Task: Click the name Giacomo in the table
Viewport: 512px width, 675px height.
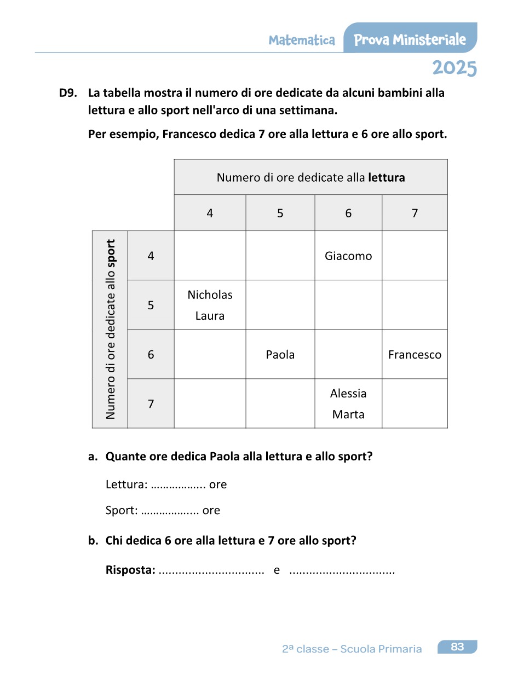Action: click(x=348, y=256)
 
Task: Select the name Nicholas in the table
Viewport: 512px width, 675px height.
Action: click(x=210, y=295)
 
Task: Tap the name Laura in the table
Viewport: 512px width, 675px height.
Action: click(x=210, y=316)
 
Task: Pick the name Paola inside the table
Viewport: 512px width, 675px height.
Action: click(x=280, y=355)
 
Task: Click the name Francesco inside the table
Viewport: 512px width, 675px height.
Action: click(x=415, y=355)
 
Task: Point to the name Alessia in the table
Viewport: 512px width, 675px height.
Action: click(x=348, y=393)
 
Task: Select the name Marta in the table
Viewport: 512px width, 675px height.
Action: click(x=348, y=414)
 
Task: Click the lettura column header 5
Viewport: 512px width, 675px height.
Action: click(x=280, y=213)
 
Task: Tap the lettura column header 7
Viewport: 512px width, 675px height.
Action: click(x=415, y=213)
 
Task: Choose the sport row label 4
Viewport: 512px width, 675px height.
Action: click(x=151, y=256)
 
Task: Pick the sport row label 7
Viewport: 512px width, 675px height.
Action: click(x=151, y=404)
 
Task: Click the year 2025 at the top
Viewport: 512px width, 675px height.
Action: click(x=454, y=68)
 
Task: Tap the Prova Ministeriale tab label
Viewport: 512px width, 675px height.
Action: click(x=410, y=39)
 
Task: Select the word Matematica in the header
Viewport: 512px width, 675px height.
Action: click(x=302, y=40)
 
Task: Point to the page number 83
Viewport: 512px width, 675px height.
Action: click(x=457, y=647)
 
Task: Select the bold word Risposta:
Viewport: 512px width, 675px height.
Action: click(x=130, y=570)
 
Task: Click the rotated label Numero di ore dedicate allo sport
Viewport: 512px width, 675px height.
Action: click(x=111, y=329)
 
